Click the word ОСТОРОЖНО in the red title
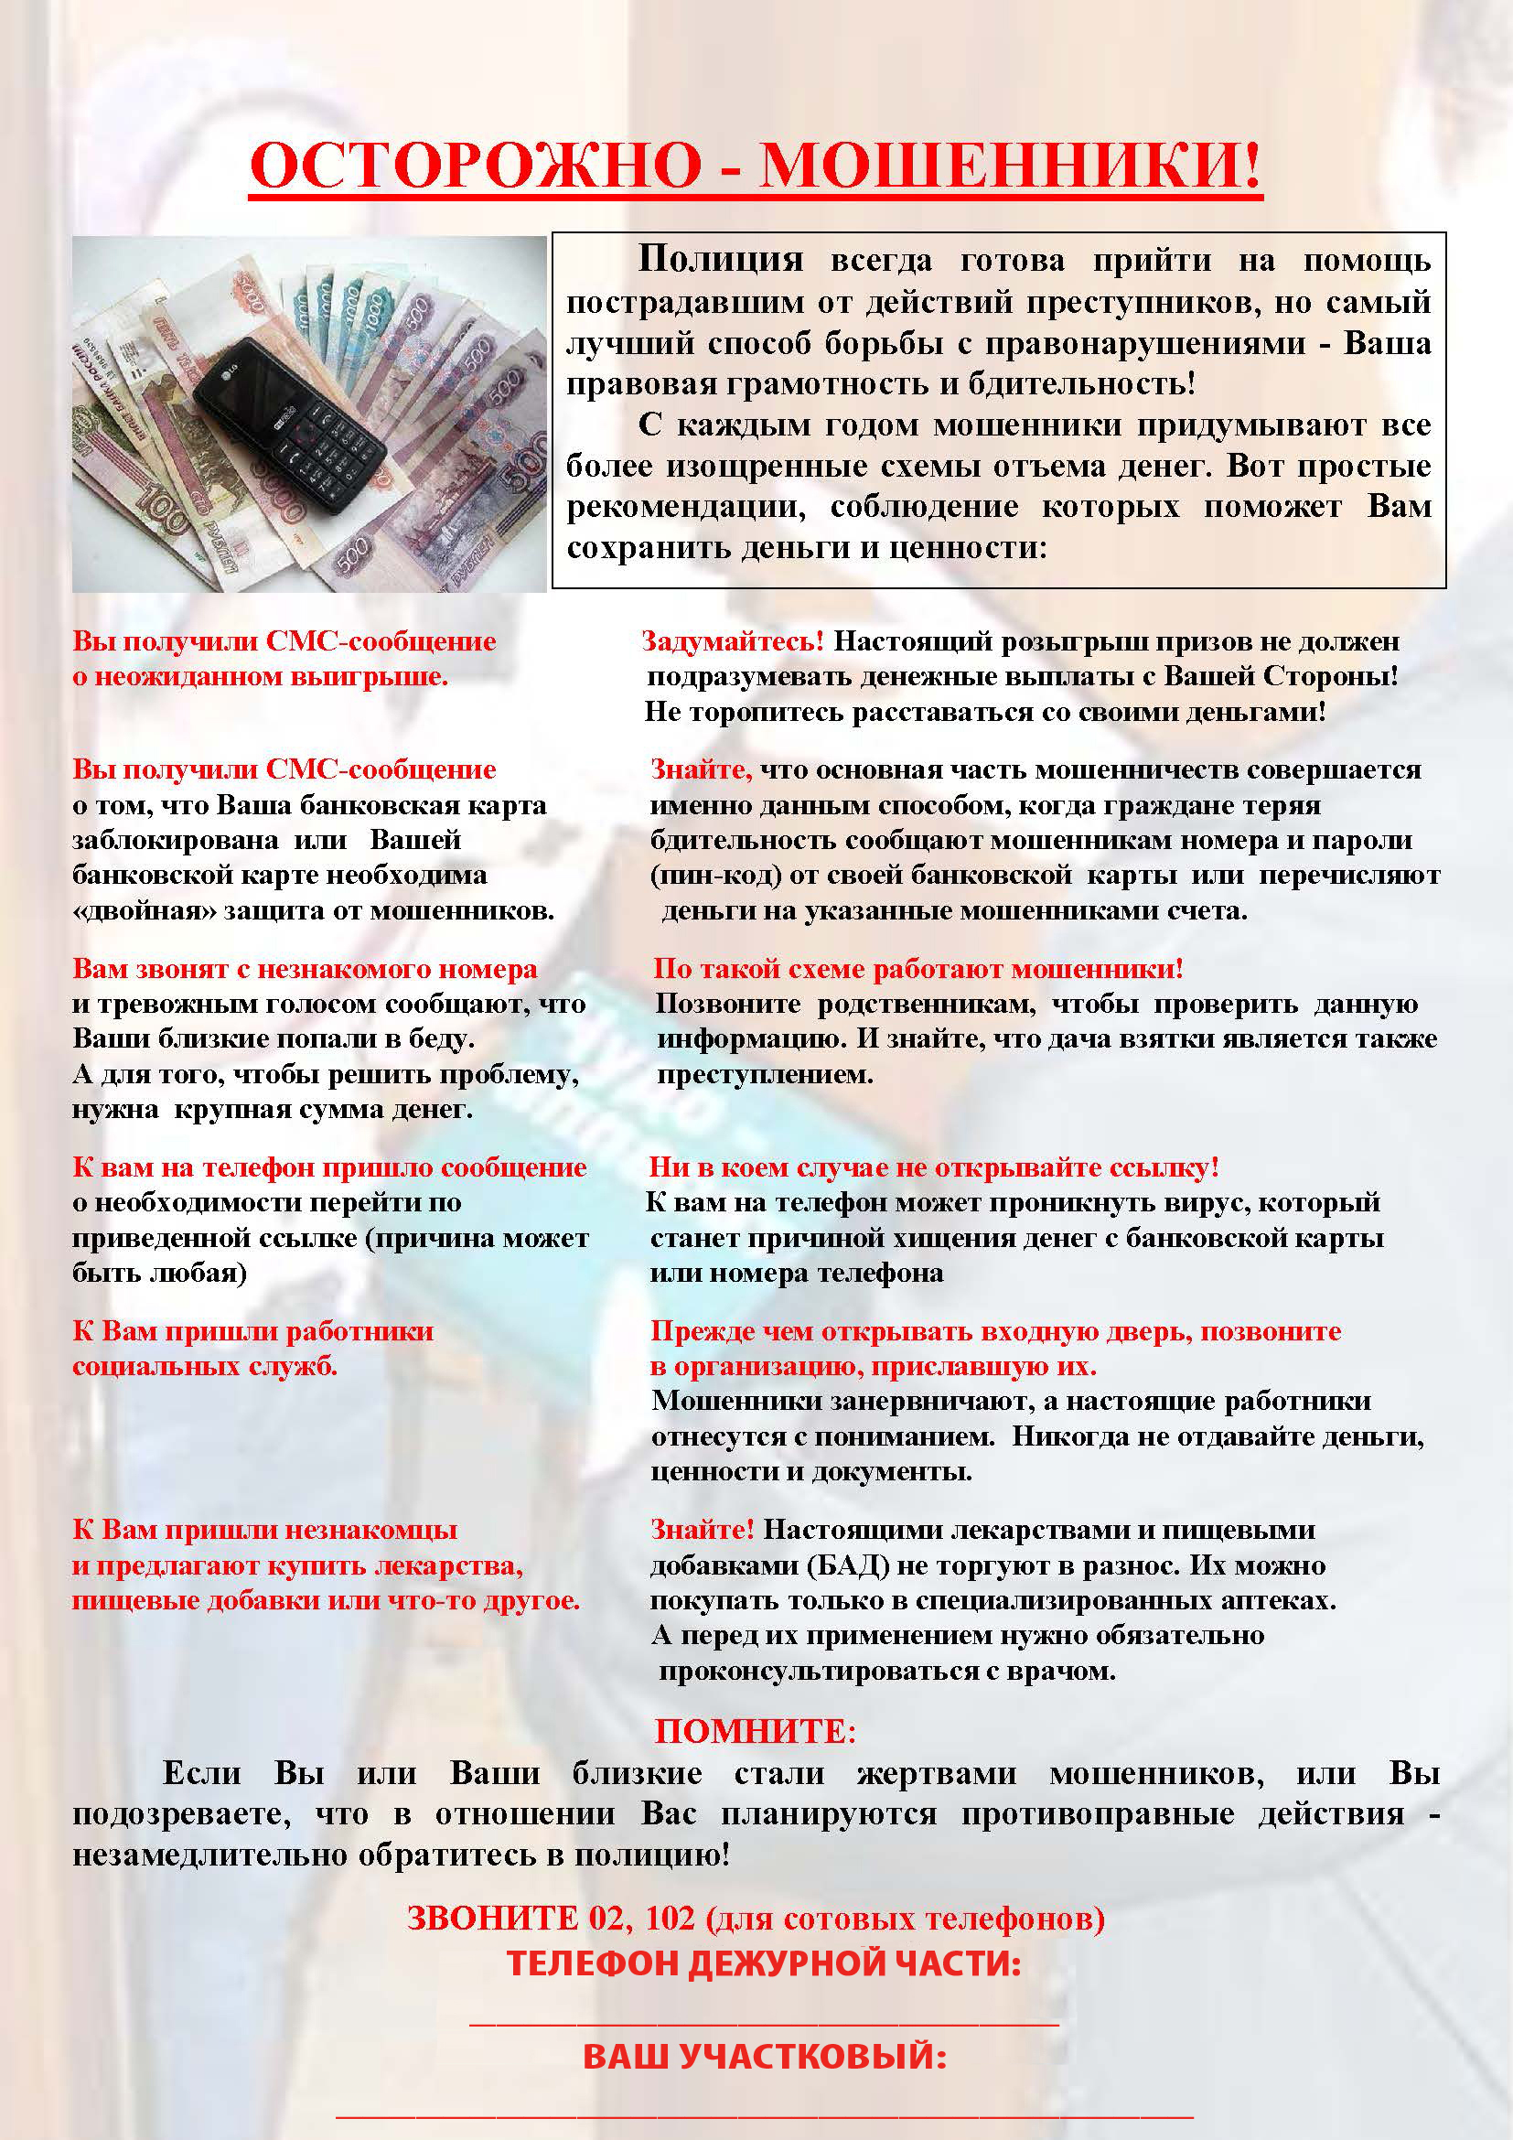[x=476, y=165]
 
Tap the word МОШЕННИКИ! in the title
[x=1011, y=165]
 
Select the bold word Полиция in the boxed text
[x=719, y=259]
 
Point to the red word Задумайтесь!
[x=733, y=641]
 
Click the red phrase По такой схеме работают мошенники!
[x=917, y=968]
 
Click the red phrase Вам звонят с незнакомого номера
[x=305, y=968]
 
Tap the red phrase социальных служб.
[x=205, y=1366]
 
